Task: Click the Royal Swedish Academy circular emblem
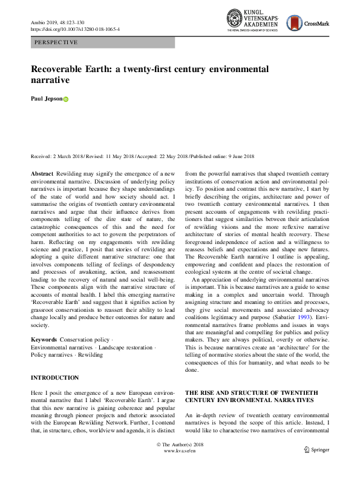point(235,19)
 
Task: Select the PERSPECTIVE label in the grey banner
point(56,42)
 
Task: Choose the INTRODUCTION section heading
point(55,377)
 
